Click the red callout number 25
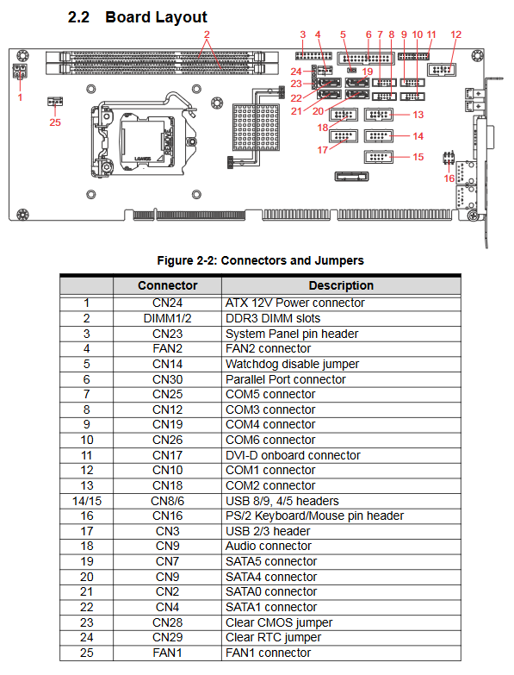coord(55,122)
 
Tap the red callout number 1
coord(20,97)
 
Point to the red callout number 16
coord(449,178)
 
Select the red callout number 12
coord(456,34)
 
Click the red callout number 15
coord(418,157)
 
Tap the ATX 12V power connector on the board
coord(20,72)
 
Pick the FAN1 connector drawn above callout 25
coord(55,102)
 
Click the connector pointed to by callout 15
coord(378,157)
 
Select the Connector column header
coord(168,285)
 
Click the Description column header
coord(341,285)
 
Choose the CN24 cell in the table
coord(168,303)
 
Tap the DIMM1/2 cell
coord(168,319)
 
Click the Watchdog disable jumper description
coord(292,364)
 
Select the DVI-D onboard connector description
coord(293,455)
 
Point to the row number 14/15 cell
coord(87,501)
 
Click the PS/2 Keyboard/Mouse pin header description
coord(314,516)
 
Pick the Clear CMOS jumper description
coord(279,622)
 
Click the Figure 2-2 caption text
coord(260,260)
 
